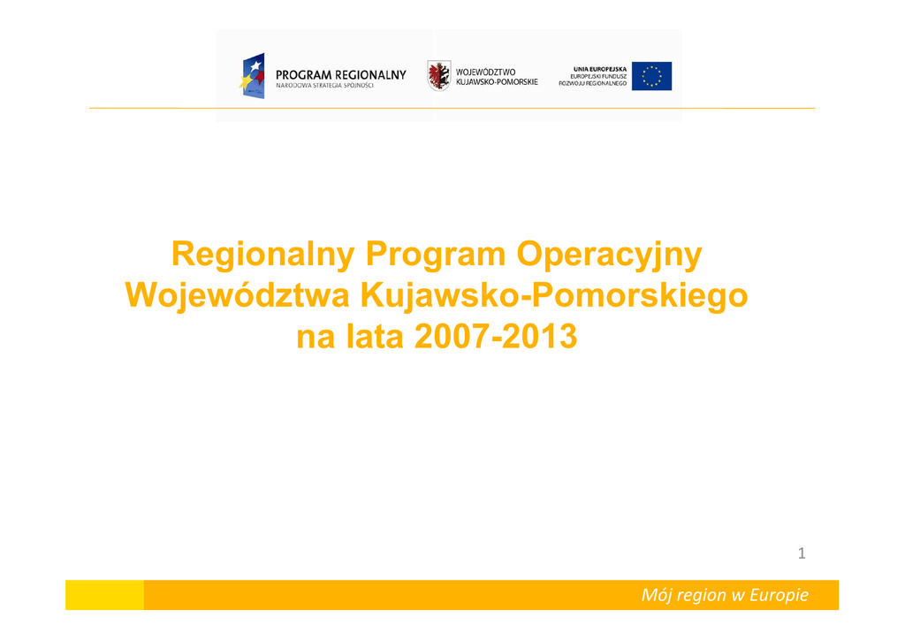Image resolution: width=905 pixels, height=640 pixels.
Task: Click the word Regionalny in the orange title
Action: pyautogui.click(x=263, y=255)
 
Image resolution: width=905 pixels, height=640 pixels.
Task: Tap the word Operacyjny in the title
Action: pyautogui.click(x=610, y=255)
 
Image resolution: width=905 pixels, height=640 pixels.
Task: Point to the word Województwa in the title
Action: pyautogui.click(x=237, y=295)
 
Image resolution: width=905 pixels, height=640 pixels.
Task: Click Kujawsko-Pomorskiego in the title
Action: pyautogui.click(x=554, y=295)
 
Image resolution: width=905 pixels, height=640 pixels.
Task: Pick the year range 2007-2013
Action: pyautogui.click(x=496, y=337)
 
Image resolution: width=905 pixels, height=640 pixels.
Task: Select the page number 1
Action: pyautogui.click(x=802, y=553)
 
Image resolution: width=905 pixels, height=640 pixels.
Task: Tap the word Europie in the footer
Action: pyautogui.click(x=779, y=595)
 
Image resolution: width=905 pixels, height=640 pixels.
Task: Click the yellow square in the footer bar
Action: pyautogui.click(x=104, y=595)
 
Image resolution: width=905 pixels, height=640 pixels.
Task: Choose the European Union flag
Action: pyautogui.click(x=651, y=76)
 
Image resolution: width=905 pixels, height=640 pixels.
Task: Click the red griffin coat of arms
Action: pyautogui.click(x=439, y=76)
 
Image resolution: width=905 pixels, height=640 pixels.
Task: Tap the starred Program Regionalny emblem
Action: pyautogui.click(x=253, y=76)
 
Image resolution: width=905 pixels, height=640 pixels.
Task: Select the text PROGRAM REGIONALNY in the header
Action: pyautogui.click(x=341, y=75)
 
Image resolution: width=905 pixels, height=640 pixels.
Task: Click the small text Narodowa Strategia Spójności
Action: pyautogui.click(x=325, y=86)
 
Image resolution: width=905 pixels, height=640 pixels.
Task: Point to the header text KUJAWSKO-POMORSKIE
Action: pyautogui.click(x=497, y=82)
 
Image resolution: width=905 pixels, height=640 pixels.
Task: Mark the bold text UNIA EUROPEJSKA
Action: pyautogui.click(x=600, y=69)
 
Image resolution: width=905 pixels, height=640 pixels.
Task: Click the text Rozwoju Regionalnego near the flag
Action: pyautogui.click(x=593, y=84)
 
